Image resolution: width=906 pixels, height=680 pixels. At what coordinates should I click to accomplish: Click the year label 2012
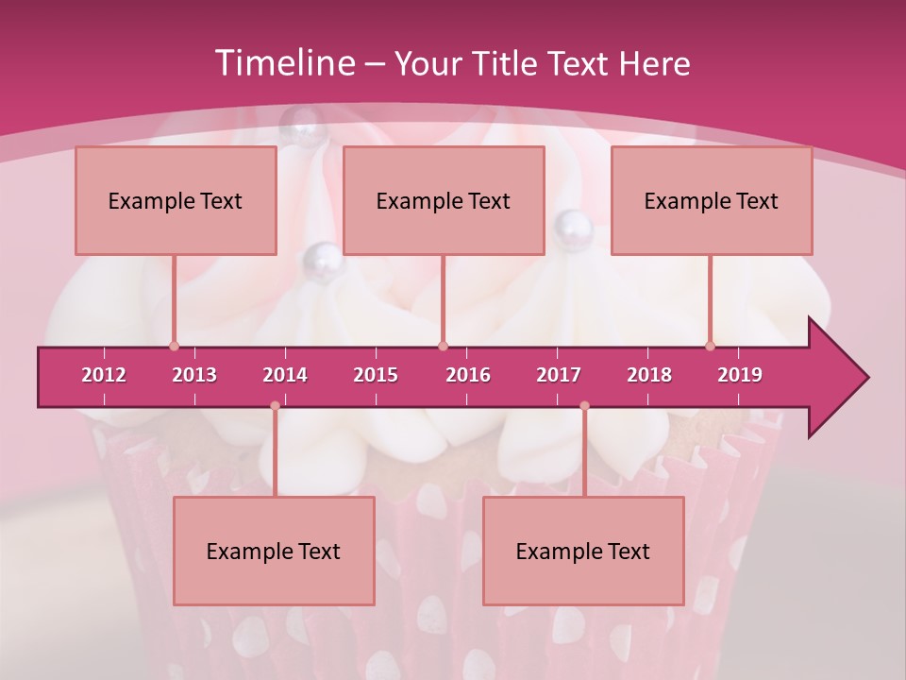point(104,375)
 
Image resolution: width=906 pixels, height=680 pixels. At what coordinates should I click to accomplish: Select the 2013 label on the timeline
point(194,375)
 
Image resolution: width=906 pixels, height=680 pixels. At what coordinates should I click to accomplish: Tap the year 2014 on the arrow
point(285,375)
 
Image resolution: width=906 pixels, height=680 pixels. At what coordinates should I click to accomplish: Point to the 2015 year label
point(376,375)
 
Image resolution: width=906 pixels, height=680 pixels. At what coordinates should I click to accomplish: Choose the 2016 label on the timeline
point(468,375)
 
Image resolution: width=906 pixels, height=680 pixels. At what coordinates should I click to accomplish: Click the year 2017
point(559,375)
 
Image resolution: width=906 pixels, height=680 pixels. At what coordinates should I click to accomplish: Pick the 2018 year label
point(649,375)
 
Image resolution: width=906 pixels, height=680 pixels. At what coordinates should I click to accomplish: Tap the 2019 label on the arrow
point(740,375)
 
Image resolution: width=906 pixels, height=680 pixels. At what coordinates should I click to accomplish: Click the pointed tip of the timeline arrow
point(866,378)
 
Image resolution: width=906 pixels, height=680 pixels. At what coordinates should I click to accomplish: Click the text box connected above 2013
point(176,200)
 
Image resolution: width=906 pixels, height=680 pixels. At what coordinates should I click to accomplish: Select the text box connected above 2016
point(444,200)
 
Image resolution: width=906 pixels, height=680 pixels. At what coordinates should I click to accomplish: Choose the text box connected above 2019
point(712,200)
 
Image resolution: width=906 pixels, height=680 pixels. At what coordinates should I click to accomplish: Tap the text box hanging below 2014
point(274,551)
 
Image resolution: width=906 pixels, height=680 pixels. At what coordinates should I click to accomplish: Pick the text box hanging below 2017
point(583,551)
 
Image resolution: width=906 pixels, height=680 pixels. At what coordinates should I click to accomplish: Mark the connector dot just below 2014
point(275,406)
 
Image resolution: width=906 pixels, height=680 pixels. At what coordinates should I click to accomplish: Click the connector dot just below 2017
point(584,406)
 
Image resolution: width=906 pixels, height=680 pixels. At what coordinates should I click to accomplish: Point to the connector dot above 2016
point(443,346)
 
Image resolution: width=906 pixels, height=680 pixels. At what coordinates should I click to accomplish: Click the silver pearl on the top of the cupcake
point(304,119)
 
